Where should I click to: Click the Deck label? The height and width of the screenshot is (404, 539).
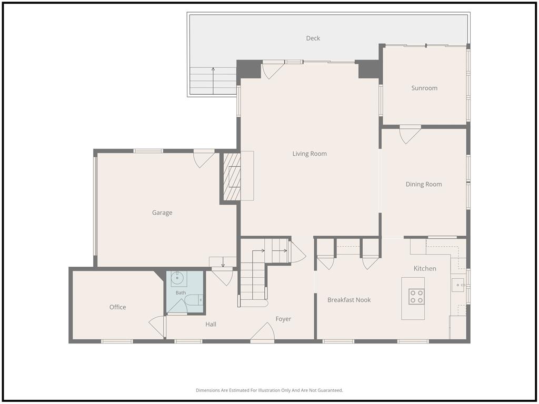pos(313,38)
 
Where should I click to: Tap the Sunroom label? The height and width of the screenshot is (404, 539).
pos(424,88)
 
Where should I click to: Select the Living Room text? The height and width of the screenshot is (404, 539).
pos(310,154)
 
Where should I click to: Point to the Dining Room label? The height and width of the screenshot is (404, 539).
pos(424,184)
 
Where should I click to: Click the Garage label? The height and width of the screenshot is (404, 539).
pos(162,213)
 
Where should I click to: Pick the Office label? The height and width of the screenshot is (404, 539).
pos(117,307)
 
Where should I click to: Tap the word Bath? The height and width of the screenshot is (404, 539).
pos(181,292)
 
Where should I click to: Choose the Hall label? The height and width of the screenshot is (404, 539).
pos(211,324)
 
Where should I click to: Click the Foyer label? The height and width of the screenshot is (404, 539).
pos(283,319)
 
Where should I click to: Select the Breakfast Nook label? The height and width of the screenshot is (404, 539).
pos(349,300)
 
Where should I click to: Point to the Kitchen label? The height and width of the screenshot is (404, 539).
pos(425,269)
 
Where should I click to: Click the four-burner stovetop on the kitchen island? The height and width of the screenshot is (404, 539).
pos(416,297)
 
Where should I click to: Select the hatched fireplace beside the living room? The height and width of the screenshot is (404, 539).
pos(232,177)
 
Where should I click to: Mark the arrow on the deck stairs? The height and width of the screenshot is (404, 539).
pos(213,80)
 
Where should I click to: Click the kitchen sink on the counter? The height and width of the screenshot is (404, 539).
pos(458,285)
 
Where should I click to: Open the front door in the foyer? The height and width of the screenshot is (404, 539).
pos(262,332)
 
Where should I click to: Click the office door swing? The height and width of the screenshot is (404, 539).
pos(157,326)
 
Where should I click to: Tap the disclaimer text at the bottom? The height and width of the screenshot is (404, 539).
pos(269,390)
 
